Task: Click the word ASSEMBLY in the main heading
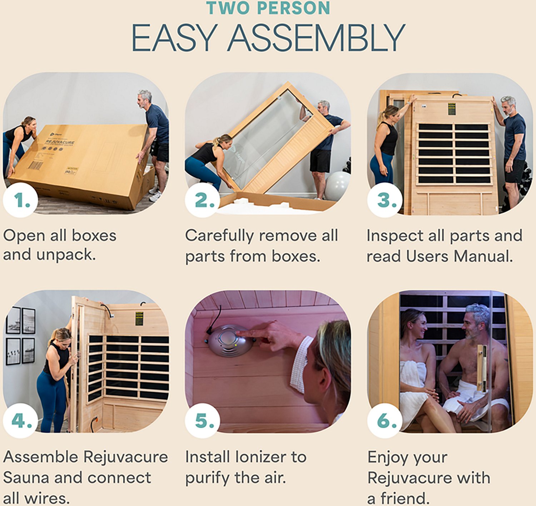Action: [316, 38]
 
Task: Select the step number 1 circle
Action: [21, 200]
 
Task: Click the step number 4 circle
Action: [21, 421]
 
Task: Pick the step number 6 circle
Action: [386, 421]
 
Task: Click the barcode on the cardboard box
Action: [35, 165]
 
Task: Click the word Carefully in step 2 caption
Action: [219, 236]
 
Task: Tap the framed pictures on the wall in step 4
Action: [20, 336]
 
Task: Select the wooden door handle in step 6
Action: [483, 368]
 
